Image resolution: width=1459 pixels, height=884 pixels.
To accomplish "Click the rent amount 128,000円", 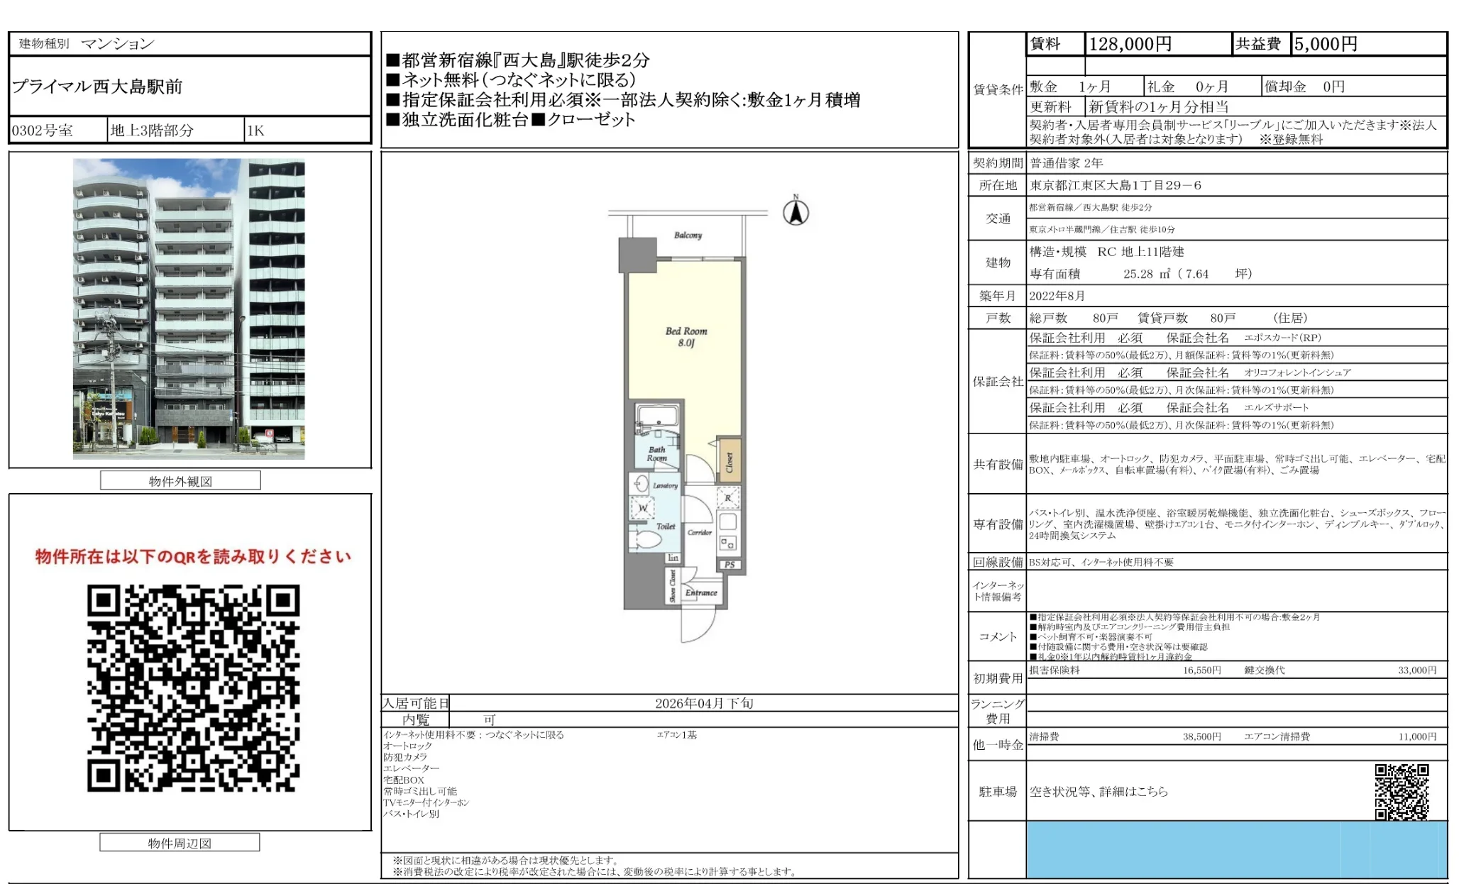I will tap(1130, 44).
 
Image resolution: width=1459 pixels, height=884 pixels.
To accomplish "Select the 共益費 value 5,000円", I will tap(1325, 44).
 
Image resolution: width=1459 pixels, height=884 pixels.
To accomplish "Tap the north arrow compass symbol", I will tap(795, 212).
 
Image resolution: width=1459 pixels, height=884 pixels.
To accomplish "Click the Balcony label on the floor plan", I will tap(687, 235).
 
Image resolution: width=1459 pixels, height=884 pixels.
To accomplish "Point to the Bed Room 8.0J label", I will tap(686, 337).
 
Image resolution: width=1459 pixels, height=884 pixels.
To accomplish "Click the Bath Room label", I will tap(656, 453).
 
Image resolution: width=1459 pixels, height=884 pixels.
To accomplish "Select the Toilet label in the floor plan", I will tap(666, 526).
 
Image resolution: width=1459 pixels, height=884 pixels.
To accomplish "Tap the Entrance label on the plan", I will tap(701, 592).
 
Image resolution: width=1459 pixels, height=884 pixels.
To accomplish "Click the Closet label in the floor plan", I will tap(729, 463).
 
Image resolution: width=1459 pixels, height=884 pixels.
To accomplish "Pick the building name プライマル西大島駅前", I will tap(97, 87).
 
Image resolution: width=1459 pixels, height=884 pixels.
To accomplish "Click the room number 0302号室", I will tap(43, 131).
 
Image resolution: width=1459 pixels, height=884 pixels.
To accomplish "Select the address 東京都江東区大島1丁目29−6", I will tap(1116, 185).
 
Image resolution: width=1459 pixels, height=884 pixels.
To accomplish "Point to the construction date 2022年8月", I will tap(1057, 296).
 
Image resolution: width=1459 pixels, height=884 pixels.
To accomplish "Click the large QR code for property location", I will tap(193, 687).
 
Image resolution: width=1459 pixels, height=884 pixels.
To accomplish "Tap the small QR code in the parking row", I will tap(1401, 791).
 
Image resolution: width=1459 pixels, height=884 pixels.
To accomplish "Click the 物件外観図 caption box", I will tap(180, 481).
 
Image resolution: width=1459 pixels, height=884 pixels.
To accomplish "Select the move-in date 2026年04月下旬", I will tap(703, 703).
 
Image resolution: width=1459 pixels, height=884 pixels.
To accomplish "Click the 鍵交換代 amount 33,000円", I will tap(1416, 670).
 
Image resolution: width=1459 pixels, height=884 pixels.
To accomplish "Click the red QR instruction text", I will tap(193, 557).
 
